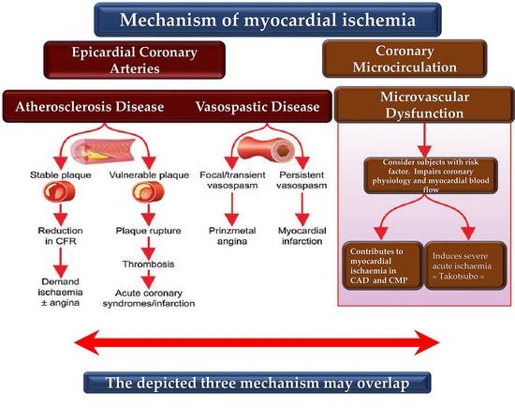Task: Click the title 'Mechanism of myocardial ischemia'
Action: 257,19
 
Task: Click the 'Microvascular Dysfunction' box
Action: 419,104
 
